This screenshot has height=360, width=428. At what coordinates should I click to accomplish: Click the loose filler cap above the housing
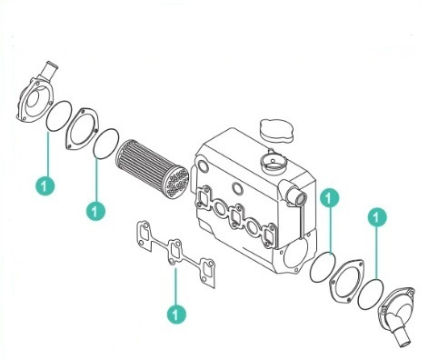coord(277,131)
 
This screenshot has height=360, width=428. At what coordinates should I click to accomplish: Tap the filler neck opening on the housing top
coord(273,161)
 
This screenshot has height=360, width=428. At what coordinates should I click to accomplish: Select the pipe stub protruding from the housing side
coord(296,195)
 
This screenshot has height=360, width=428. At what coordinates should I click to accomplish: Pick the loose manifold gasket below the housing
coord(175,255)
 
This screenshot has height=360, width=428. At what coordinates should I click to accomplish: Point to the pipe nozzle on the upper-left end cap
coord(49,72)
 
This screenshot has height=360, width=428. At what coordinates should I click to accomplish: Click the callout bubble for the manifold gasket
coord(176,314)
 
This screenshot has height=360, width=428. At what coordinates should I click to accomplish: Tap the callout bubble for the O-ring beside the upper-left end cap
coord(45,185)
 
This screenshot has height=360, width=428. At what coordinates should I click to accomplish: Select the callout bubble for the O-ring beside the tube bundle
coord(95,211)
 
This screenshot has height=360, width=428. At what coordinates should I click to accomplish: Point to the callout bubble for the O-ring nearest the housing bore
coord(330,198)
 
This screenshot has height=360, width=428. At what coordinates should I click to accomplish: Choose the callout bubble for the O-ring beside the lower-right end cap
coord(377,217)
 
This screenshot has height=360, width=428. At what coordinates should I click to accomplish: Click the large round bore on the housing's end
coord(296,254)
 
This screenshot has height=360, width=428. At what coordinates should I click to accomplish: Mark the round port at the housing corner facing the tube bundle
coord(203,166)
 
